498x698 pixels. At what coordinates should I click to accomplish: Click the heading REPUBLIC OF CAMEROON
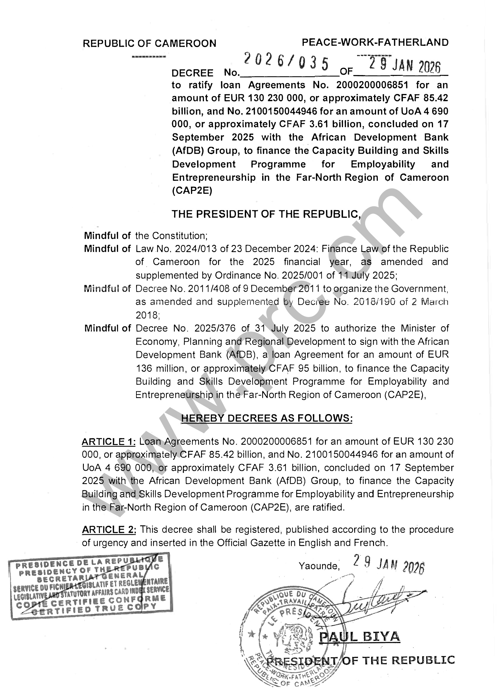(149, 43)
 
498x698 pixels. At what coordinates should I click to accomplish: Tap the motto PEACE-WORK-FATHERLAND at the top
(375, 43)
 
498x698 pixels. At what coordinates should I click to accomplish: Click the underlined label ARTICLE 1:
(109, 441)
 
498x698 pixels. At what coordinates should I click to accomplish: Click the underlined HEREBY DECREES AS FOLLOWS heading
(267, 418)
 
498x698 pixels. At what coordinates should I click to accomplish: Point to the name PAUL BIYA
(360, 637)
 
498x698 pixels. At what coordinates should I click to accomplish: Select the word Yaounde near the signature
(319, 566)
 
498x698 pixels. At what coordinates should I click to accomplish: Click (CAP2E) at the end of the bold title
(192, 191)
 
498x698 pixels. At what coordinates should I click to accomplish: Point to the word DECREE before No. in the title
(192, 73)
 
